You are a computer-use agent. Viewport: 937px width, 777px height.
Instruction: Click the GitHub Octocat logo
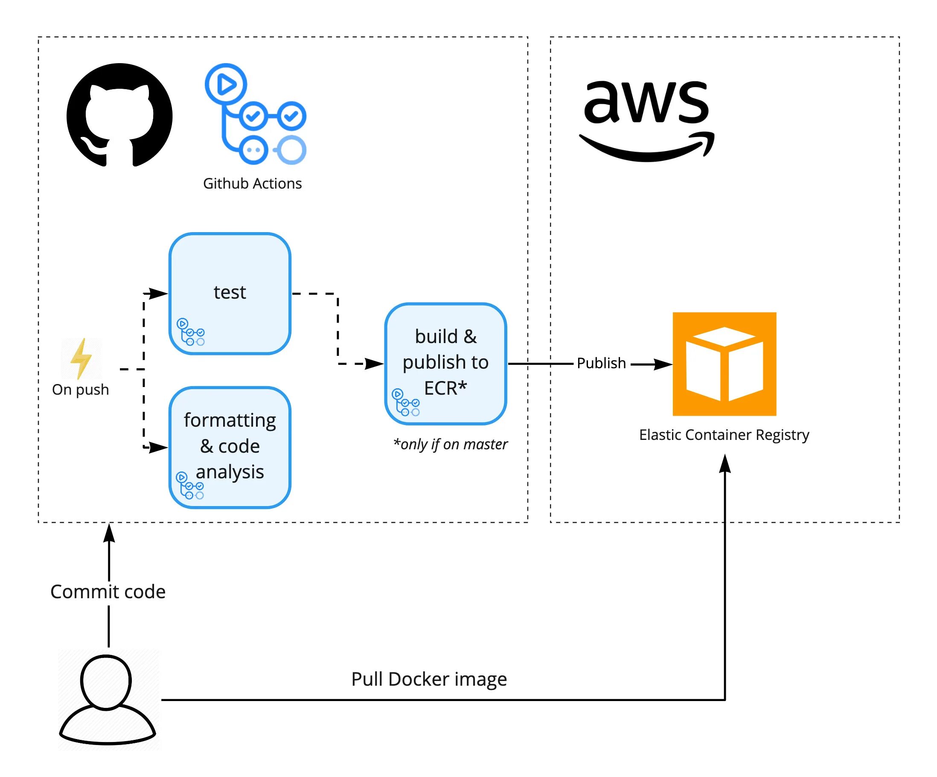point(119,115)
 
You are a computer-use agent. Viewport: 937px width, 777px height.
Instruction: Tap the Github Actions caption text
point(252,183)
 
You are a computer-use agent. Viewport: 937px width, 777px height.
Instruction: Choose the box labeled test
point(230,293)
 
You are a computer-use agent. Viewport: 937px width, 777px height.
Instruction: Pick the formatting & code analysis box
point(230,447)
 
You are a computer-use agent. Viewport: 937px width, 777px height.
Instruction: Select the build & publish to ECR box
point(445,363)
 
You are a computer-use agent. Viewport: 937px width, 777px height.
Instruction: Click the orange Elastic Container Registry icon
point(724,364)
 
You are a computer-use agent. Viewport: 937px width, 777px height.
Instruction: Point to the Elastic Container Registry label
point(724,435)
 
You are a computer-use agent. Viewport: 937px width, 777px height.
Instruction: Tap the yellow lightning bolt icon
point(81,358)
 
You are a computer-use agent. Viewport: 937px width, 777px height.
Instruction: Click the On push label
point(80,390)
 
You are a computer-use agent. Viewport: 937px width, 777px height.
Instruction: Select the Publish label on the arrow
point(601,363)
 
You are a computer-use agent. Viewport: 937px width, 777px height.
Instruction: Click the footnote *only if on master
point(450,445)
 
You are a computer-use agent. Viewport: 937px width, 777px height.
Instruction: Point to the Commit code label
point(108,592)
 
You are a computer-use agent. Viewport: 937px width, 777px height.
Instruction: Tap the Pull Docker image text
point(429,679)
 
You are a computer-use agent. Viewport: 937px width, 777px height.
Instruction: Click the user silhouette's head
point(106,681)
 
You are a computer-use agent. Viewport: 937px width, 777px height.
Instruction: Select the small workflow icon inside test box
point(191,332)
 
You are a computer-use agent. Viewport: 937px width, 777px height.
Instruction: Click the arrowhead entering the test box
point(158,293)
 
